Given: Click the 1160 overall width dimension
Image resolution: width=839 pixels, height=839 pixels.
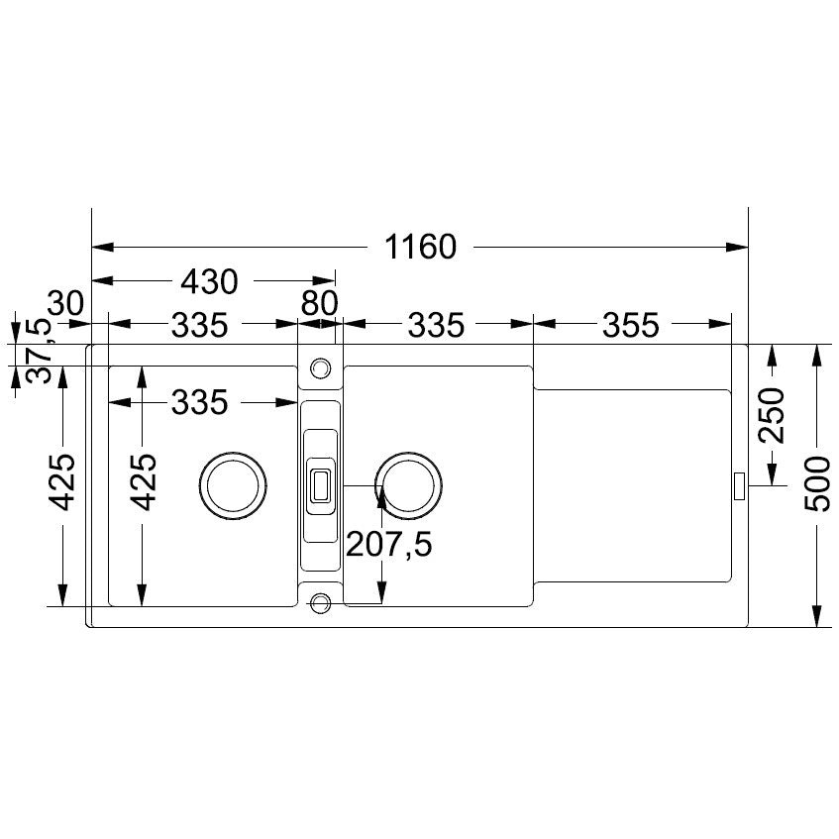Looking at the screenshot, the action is (x=421, y=248).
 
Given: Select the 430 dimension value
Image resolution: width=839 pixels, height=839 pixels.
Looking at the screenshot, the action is (x=209, y=281).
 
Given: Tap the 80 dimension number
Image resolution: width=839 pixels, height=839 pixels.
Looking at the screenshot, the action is (x=319, y=303).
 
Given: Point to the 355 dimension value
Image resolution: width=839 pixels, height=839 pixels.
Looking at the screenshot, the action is (x=631, y=325).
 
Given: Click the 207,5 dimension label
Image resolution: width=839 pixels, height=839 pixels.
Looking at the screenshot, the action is (x=389, y=545).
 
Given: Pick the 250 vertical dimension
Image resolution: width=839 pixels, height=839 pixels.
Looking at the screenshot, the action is (x=773, y=416).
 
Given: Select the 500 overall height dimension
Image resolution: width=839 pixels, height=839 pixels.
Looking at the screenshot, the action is (x=817, y=483).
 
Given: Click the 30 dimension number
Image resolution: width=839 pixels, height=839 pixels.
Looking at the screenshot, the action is (x=65, y=303).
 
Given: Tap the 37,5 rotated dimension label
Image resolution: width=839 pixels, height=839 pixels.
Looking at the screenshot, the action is (x=39, y=350).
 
